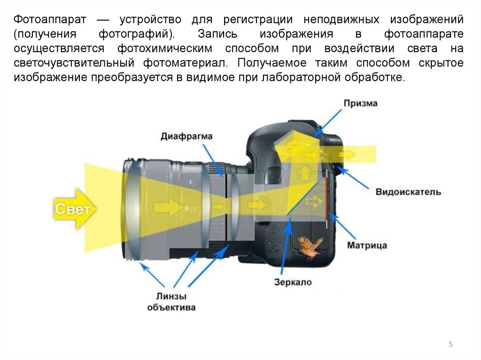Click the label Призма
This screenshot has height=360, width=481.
point(360,104)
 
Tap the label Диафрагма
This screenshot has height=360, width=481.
point(186,137)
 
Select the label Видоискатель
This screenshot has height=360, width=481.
point(408,192)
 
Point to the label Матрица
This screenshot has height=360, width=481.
point(367,245)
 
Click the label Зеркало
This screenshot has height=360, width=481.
point(293,282)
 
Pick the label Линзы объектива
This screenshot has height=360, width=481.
point(171,302)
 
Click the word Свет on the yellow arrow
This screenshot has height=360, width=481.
point(72,209)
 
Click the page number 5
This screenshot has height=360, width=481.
point(450,345)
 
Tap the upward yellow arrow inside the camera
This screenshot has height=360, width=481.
point(304,173)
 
